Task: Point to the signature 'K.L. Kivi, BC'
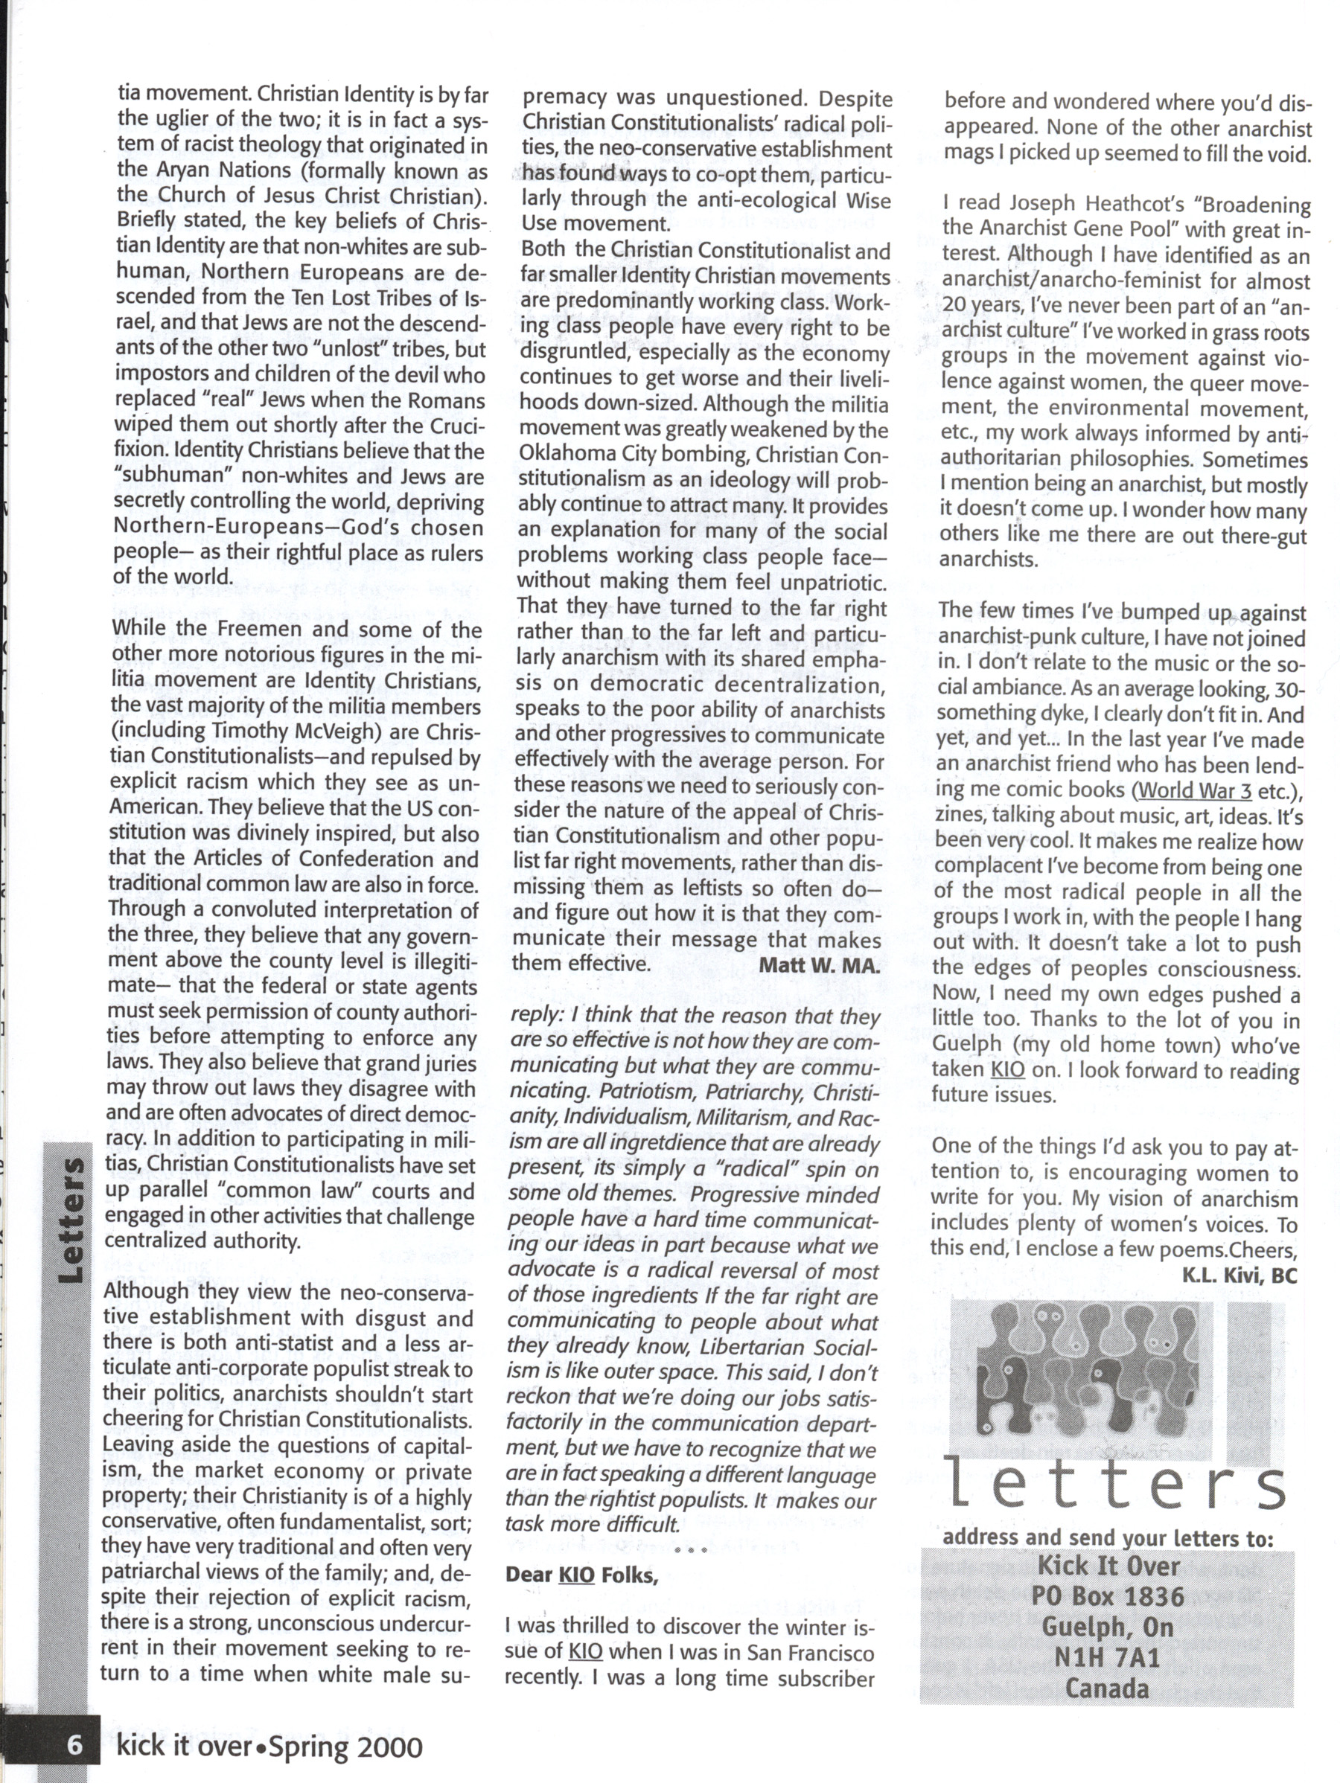(1239, 1275)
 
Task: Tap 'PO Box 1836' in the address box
(1108, 1595)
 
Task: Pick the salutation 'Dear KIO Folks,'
(581, 1574)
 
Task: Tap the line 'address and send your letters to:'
(1107, 1538)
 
